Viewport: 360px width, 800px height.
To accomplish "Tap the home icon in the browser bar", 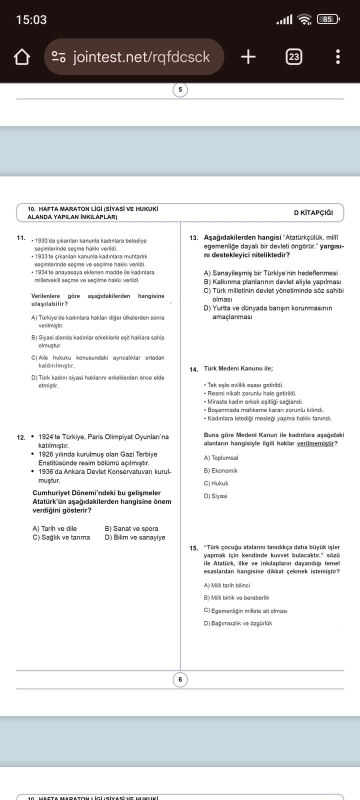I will [x=22, y=57].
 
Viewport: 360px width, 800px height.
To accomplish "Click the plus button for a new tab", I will [x=248, y=57].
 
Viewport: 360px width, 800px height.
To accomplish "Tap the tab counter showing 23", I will [x=294, y=57].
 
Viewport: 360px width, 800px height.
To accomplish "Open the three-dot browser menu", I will [x=338, y=57].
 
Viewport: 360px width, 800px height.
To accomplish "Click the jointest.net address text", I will [x=141, y=57].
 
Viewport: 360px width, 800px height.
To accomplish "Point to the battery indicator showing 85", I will [x=327, y=19].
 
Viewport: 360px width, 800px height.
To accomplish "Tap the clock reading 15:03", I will [x=31, y=20].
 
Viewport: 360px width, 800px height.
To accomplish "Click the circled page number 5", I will [x=180, y=90].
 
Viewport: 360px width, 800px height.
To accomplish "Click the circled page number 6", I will [x=180, y=679].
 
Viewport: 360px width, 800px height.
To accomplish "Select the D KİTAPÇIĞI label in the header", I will [x=313, y=212].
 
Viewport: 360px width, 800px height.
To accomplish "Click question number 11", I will [x=21, y=238].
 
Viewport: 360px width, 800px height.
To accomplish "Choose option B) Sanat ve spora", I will [x=131, y=528].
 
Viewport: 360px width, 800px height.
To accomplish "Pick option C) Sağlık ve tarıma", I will [x=61, y=537].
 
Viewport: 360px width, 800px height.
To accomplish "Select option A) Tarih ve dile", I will [x=54, y=528].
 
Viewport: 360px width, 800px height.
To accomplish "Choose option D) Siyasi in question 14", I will [x=215, y=496].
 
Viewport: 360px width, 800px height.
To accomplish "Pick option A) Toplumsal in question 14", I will [x=221, y=458].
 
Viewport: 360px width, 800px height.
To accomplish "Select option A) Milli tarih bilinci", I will [x=227, y=585].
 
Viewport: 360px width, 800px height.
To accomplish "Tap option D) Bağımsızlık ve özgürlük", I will [x=238, y=623].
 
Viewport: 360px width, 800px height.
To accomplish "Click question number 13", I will [x=193, y=238].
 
